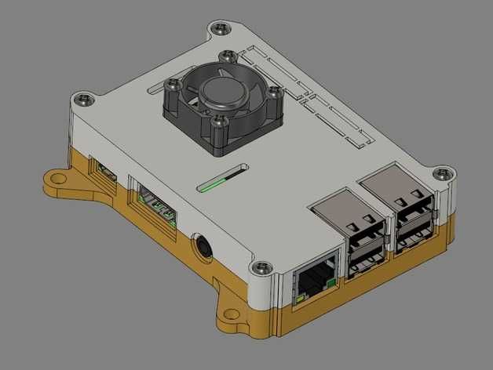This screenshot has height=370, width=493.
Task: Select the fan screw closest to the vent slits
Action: [x=273, y=92]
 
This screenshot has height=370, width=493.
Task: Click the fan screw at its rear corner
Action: [x=228, y=56]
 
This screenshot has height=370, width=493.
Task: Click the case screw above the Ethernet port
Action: [x=261, y=267]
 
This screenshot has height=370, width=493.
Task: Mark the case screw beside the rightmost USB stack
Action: [x=444, y=172]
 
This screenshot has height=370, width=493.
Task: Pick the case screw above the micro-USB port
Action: [x=82, y=100]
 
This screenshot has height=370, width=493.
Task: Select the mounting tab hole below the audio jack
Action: [x=232, y=317]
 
